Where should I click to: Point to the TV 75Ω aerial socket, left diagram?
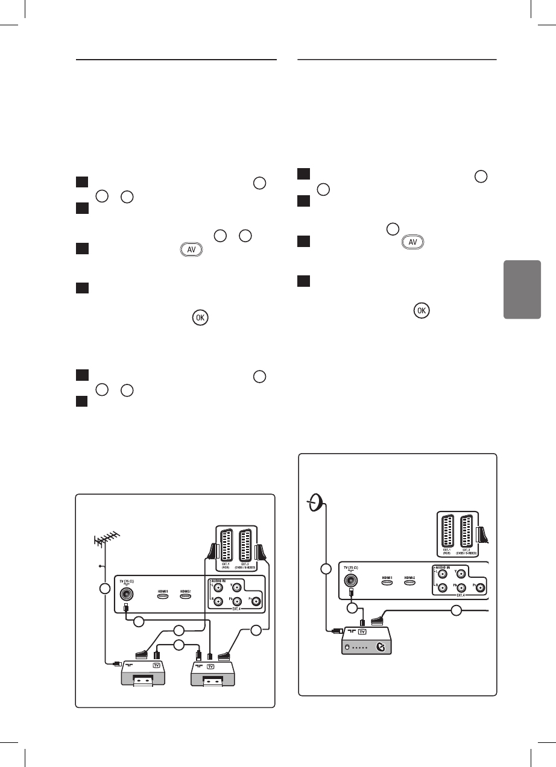tap(125, 594)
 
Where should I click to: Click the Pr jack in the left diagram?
tap(257, 600)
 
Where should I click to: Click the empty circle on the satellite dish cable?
tap(326, 568)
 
